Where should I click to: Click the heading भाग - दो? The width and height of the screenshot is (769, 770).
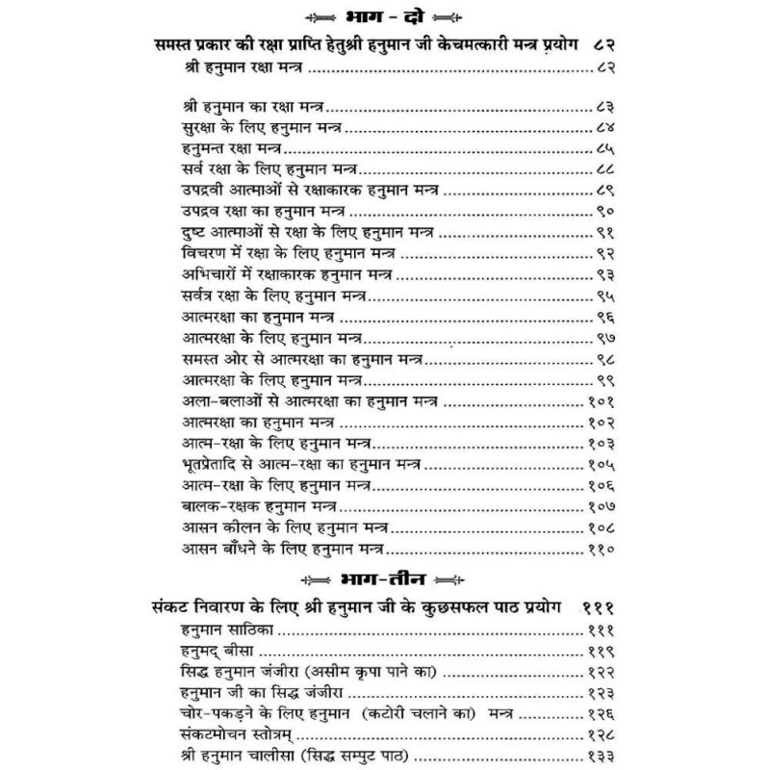point(385,16)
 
